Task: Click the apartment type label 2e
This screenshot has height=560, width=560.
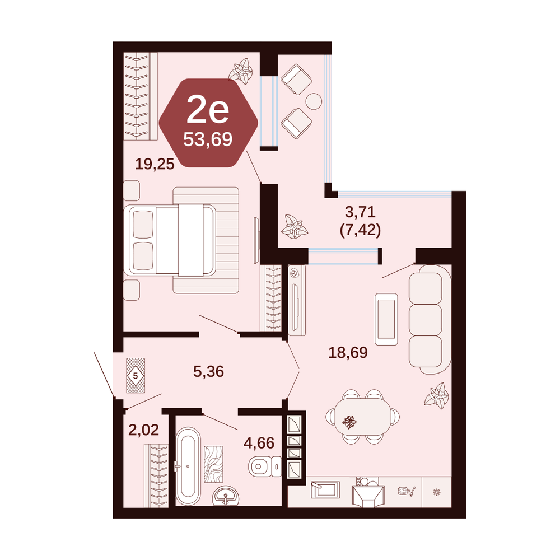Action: pyautogui.click(x=208, y=110)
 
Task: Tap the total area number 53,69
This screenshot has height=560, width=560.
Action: pyautogui.click(x=208, y=139)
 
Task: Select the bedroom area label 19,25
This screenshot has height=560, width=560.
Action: pyautogui.click(x=155, y=164)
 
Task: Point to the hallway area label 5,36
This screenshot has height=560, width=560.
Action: pyautogui.click(x=208, y=371)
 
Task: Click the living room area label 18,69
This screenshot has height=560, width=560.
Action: pyautogui.click(x=348, y=352)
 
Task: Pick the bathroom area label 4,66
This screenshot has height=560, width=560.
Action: pyautogui.click(x=259, y=443)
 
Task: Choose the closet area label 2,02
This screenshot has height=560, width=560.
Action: pyautogui.click(x=143, y=430)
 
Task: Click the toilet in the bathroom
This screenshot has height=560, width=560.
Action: pyautogui.click(x=265, y=466)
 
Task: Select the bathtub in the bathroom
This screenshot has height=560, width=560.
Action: pyautogui.click(x=188, y=466)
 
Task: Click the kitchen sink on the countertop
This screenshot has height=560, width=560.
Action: pyautogui.click(x=325, y=489)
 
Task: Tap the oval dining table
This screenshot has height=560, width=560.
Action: pyautogui.click(x=362, y=417)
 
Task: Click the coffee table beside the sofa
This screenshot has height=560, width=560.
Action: pyautogui.click(x=386, y=319)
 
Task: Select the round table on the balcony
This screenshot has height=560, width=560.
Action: pyautogui.click(x=314, y=101)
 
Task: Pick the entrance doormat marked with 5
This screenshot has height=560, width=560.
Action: pyautogui.click(x=136, y=375)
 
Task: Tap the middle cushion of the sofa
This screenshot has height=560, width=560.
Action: pyautogui.click(x=426, y=320)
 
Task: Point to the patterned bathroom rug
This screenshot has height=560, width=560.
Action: pyautogui.click(x=213, y=464)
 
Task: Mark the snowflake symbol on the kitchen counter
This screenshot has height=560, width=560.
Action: pyautogui.click(x=436, y=492)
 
